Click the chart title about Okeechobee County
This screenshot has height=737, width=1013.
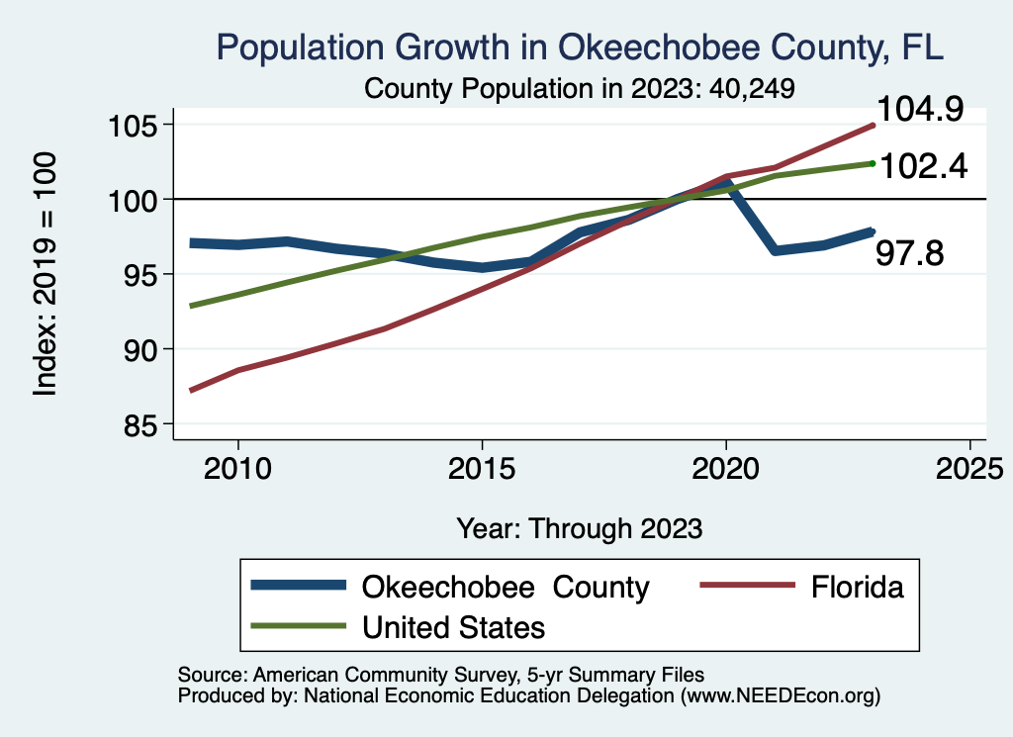[x=580, y=46]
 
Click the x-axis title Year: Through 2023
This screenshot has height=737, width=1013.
[x=580, y=528]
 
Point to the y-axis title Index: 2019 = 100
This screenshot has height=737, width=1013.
[x=46, y=274]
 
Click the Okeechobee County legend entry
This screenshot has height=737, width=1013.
[x=505, y=587]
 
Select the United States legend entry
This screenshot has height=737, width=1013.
[x=454, y=626]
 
